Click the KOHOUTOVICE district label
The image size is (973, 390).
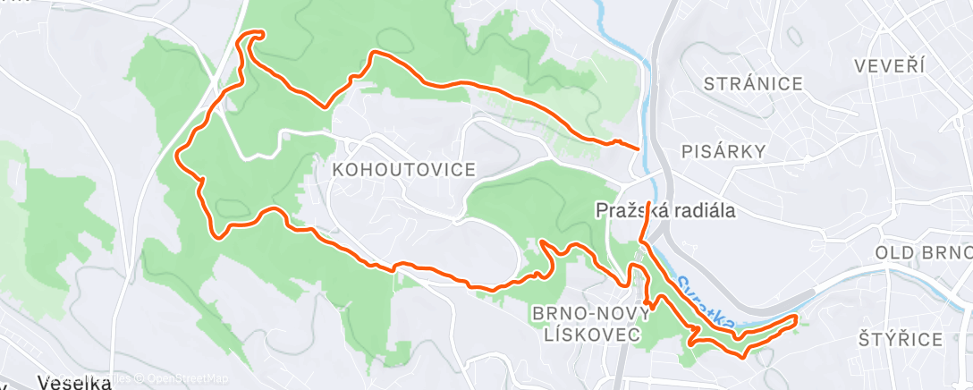pos(402,170)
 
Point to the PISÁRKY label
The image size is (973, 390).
pos(723,151)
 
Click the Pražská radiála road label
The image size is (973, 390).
pos(665,211)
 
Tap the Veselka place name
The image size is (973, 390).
pos(76,383)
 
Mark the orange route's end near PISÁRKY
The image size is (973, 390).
pos(638,148)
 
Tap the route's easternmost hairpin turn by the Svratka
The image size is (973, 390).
pos(795,318)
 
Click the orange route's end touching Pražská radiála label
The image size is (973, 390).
pos(647,191)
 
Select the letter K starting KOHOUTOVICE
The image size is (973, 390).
pos(337,170)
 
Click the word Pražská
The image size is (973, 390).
pos(624,211)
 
